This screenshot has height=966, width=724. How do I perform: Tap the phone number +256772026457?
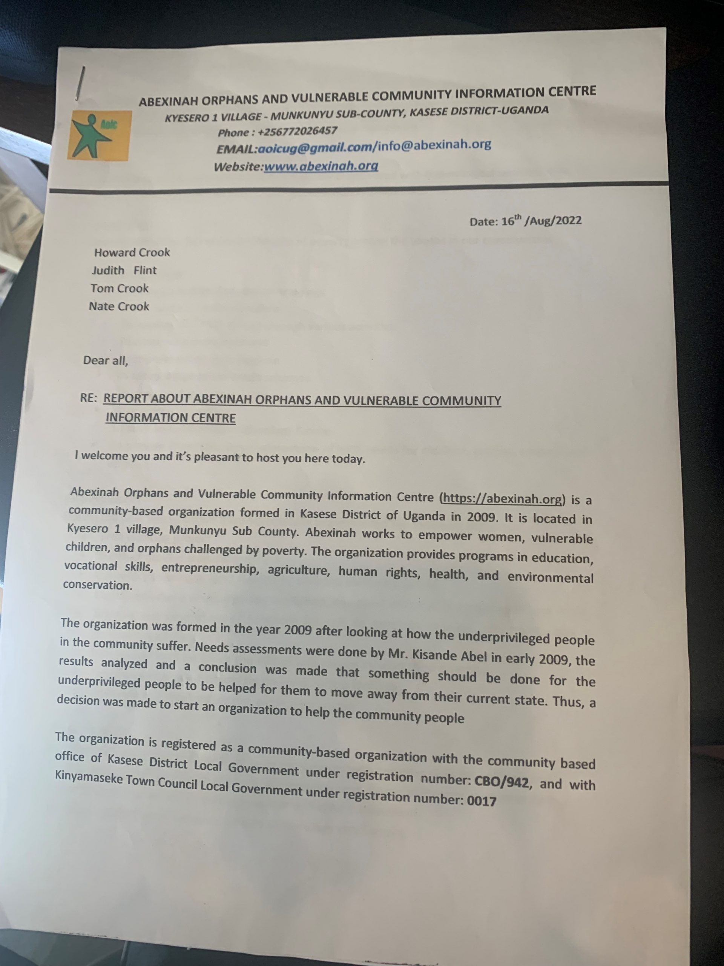297,131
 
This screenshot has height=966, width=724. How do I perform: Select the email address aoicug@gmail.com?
314,148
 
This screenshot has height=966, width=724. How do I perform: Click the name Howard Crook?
132,252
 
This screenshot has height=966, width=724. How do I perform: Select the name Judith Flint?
124,270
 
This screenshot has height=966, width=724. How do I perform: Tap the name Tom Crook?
120,288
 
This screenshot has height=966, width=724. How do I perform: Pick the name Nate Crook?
119,306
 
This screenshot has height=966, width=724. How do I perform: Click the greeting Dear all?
106,361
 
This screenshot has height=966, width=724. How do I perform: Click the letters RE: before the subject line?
89,398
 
